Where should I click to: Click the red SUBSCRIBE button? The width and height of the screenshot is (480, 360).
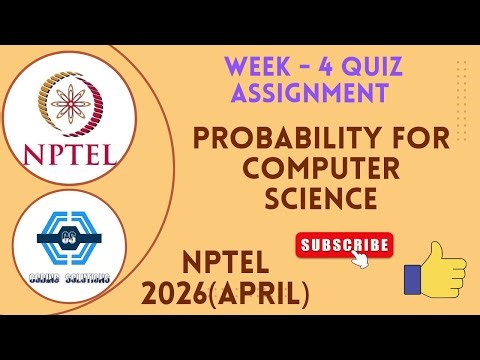pos(344,244)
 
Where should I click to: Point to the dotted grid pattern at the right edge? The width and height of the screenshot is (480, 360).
pos(461,85)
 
